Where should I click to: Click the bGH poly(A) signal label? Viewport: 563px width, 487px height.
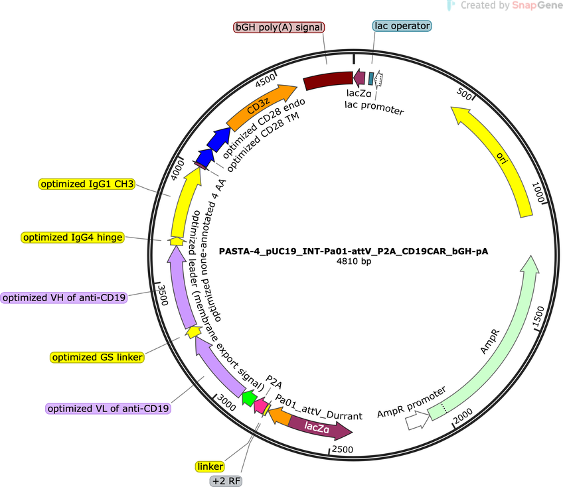tap(279, 27)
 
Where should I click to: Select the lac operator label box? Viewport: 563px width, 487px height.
tap(402, 26)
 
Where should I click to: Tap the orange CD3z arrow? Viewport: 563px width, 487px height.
tap(260, 106)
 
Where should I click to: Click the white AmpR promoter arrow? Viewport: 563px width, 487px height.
tap(417, 421)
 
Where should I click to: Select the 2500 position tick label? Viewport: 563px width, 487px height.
tap(342, 449)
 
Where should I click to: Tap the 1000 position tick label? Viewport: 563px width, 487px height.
tap(538, 192)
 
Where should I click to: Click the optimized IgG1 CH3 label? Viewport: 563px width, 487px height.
tap(87, 184)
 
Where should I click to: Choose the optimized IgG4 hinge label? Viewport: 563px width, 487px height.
tap(73, 238)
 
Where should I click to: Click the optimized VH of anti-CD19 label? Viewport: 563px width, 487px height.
tap(64, 297)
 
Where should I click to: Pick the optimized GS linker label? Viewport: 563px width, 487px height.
tap(98, 357)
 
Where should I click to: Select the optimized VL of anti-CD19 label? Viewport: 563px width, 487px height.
tap(108, 409)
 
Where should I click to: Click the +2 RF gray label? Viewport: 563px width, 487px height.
tap(226, 481)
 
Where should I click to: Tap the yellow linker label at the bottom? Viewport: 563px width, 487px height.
tap(210, 466)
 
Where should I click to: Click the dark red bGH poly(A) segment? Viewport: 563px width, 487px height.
tap(328, 80)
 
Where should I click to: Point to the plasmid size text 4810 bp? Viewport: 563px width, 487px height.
tap(354, 261)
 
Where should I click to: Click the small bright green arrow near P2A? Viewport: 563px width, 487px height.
tap(249, 398)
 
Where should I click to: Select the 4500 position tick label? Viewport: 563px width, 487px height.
tap(266, 80)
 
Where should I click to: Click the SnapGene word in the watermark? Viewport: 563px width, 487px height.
tap(537, 5)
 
